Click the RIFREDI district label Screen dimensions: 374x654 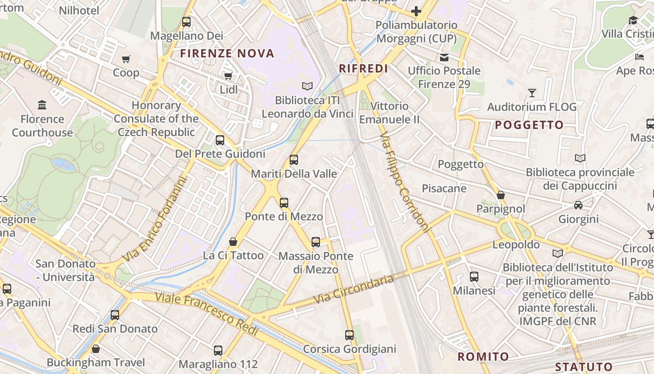click(x=363, y=69)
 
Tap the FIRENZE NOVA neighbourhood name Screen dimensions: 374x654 click(x=227, y=53)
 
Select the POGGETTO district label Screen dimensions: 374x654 click(x=529, y=125)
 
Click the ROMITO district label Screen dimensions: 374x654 click(x=483, y=357)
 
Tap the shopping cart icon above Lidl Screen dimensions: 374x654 click(x=228, y=76)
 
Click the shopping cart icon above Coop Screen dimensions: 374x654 click(x=126, y=59)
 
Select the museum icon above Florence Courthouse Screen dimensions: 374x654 click(x=42, y=104)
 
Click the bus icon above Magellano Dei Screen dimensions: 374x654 click(x=186, y=22)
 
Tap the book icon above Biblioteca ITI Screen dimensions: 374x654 click(x=307, y=86)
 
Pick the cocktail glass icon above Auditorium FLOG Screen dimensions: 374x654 click(x=532, y=93)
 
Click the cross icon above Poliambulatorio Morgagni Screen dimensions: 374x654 click(x=416, y=11)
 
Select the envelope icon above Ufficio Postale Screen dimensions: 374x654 click(x=444, y=57)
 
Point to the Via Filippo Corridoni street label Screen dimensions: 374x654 click(x=405, y=181)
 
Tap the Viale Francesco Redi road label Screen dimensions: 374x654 click(x=206, y=314)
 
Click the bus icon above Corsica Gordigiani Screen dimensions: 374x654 click(x=349, y=335)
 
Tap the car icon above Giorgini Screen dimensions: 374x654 click(x=578, y=205)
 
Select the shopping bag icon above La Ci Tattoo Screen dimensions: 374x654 click(x=233, y=242)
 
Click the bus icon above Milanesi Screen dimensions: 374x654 click(x=474, y=276)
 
